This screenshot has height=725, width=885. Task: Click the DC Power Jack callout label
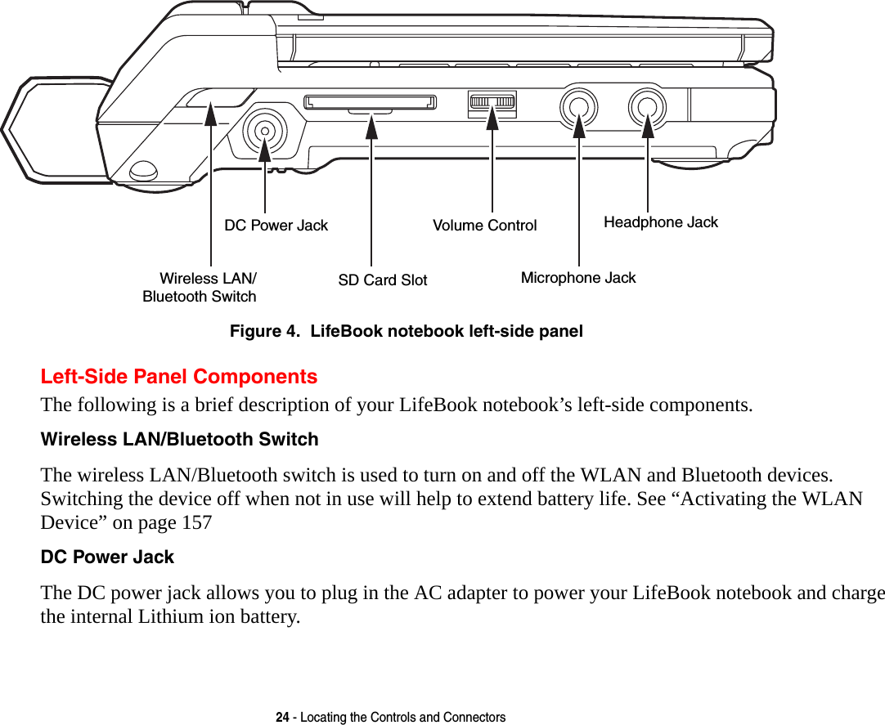click(276, 226)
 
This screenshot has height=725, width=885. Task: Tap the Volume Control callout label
click(484, 226)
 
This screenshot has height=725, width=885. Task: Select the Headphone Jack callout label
click(660, 222)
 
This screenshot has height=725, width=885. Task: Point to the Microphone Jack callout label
click(577, 278)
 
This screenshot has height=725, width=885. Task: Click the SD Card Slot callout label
click(382, 280)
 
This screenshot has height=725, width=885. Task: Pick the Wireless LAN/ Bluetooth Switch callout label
click(200, 288)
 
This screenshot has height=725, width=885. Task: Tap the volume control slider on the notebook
click(492, 104)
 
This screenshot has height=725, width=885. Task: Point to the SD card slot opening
click(370, 102)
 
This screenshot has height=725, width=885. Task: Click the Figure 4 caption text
click(406, 332)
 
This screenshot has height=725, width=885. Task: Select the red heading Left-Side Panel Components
click(179, 377)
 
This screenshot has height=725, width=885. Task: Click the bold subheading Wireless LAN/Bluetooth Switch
click(179, 440)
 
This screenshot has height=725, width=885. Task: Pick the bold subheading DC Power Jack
click(107, 557)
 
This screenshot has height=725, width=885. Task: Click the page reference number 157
click(195, 522)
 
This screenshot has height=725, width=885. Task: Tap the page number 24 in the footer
click(282, 718)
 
